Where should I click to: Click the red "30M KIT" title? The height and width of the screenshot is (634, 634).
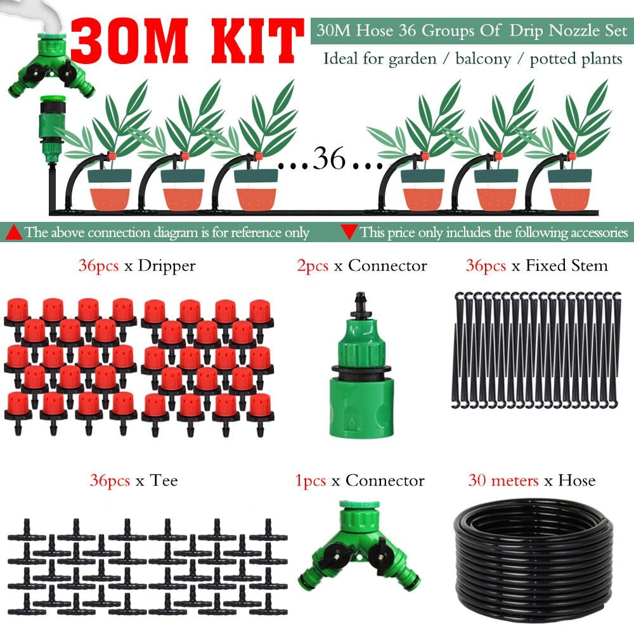pyautogui.click(x=187, y=39)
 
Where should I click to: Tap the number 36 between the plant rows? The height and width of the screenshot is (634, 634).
pyautogui.click(x=329, y=159)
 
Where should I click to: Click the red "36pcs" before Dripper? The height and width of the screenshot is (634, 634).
pyautogui.click(x=98, y=266)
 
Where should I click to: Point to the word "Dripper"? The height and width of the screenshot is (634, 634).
pyautogui.click(x=166, y=266)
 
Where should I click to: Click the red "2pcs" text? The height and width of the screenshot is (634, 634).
pyautogui.click(x=312, y=266)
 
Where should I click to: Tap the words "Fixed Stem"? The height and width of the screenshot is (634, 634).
pyautogui.click(x=566, y=266)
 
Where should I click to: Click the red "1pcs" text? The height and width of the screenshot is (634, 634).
pyautogui.click(x=311, y=481)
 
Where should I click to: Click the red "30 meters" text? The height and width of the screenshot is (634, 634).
pyautogui.click(x=504, y=481)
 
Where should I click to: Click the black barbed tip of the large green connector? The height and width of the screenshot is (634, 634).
pyautogui.click(x=361, y=301)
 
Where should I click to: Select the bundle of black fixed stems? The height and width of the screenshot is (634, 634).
pyautogui.click(x=538, y=349)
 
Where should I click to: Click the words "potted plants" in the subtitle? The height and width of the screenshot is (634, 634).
pyautogui.click(x=576, y=60)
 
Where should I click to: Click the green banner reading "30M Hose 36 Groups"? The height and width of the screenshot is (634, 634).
pyautogui.click(x=471, y=31)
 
